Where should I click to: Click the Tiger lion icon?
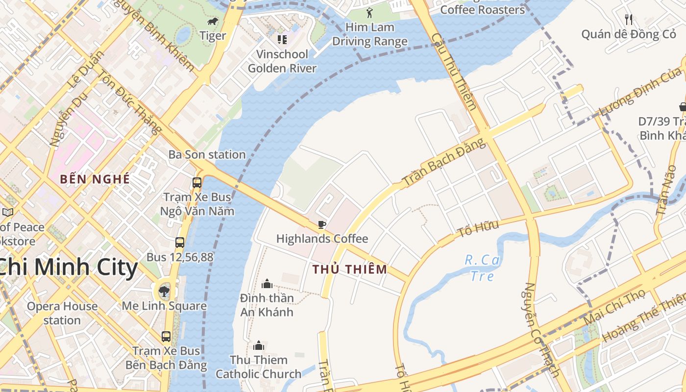click(213, 22)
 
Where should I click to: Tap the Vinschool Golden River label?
click(282, 61)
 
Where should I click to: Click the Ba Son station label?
click(207, 154)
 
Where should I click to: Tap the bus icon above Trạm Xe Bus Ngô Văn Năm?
click(197, 183)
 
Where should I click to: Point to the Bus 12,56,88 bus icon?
click(180, 243)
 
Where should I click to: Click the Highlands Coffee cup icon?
click(321, 225)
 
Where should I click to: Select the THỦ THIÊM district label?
click(350, 269)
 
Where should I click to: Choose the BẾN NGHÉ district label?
click(95, 179)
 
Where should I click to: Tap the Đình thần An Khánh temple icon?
click(267, 284)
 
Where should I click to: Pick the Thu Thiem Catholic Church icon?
click(259, 346)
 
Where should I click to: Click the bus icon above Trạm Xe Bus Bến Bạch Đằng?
click(166, 337)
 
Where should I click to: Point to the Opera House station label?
click(62, 313)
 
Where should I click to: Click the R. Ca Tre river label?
click(482, 268)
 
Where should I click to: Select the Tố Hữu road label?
click(478, 228)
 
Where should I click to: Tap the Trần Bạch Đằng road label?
click(444, 162)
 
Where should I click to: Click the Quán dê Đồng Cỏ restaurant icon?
click(629, 20)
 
